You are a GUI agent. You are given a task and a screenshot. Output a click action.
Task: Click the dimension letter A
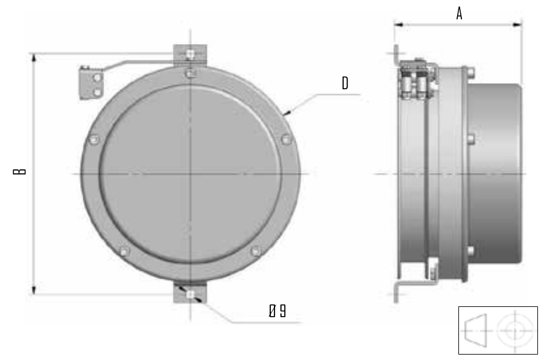pos(459,14)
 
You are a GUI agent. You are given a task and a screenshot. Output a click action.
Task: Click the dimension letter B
pos(19,171)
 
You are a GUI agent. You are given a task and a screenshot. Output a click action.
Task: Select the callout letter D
pos(344,83)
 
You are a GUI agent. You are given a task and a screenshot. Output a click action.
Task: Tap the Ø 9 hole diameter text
pos(277,311)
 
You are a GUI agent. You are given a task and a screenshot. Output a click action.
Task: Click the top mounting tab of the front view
pos(190,54)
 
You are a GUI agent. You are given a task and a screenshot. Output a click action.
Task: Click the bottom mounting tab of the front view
pos(190,294)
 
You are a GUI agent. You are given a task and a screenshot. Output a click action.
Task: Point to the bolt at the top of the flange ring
pos(190,74)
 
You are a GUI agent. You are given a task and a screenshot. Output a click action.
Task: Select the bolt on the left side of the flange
pos(94,140)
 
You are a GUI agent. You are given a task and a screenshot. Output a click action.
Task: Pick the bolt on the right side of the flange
pos(286,140)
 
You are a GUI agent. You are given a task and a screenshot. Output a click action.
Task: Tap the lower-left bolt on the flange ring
pos(124,251)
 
